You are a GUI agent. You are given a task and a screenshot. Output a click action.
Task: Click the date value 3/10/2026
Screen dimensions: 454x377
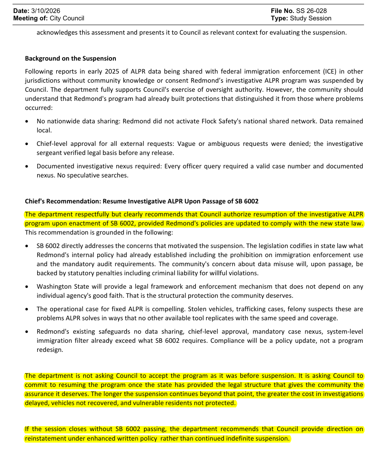(45, 10)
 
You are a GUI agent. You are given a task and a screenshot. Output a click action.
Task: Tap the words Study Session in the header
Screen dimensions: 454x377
(310, 18)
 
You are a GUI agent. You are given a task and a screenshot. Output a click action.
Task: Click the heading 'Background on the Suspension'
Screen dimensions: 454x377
(70, 58)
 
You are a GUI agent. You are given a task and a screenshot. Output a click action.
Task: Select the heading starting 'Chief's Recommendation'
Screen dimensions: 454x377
(141, 201)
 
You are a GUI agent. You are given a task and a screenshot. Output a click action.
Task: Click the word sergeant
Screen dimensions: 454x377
(50, 152)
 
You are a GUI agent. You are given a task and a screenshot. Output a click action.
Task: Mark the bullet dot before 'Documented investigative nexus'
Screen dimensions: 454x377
(27, 166)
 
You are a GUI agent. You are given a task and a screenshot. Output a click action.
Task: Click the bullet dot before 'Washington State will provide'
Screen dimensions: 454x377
(27, 287)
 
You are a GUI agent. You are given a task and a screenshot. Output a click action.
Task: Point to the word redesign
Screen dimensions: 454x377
(50, 349)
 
